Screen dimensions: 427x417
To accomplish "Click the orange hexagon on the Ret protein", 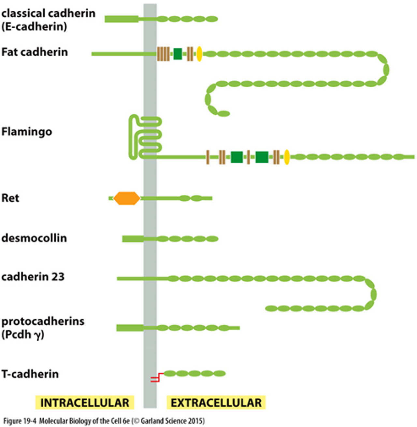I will (x=127, y=198).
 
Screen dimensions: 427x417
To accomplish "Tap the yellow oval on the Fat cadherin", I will (x=199, y=54).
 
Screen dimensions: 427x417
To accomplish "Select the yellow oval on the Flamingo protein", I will (x=287, y=157).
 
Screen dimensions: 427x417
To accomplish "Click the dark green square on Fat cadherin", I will (x=178, y=54).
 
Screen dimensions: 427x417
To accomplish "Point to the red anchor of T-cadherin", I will (x=156, y=378).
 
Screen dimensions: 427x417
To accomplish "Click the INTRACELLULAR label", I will (x=84, y=403).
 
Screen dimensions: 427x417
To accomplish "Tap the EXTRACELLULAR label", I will (x=216, y=403).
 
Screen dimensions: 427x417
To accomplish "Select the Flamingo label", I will (x=27, y=132).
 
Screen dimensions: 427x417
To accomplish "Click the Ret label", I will (x=10, y=198).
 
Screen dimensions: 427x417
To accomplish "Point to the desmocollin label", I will (x=34, y=238).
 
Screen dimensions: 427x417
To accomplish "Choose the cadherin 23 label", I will (x=33, y=277).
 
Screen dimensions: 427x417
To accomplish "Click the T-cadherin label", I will (x=30, y=374).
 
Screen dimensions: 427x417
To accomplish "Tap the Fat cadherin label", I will (x=35, y=52).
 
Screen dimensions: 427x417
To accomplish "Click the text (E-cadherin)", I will (x=34, y=27).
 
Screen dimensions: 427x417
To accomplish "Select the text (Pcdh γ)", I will (x=23, y=335).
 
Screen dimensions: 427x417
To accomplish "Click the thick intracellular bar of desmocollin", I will (x=133, y=239).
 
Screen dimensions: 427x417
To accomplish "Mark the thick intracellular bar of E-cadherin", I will (x=122, y=19).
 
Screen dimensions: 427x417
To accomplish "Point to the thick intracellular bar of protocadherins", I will (x=130, y=328).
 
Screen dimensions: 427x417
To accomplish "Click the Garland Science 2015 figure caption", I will (x=104, y=421).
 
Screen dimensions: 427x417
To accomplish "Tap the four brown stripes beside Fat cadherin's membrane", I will (x=163, y=54).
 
